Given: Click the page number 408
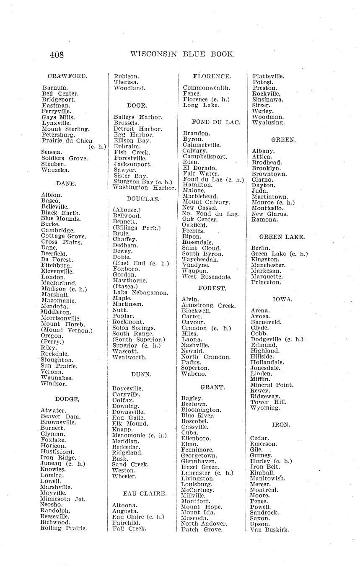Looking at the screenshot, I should (57, 54).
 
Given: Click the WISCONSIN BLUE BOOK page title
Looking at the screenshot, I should (182, 54).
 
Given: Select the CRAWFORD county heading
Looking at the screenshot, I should (67, 76).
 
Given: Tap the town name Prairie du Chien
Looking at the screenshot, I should (67, 141).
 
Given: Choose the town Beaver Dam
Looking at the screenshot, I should (60, 417).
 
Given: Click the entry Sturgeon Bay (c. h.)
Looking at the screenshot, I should (143, 182).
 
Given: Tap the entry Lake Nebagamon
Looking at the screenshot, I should (140, 292).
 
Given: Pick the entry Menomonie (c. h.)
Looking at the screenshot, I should (140, 435).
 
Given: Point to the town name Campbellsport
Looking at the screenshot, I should (205, 156).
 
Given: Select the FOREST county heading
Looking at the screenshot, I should (212, 288).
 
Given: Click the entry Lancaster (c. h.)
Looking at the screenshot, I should (207, 472).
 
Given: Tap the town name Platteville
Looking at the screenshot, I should (268, 76).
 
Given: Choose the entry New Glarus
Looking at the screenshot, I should (269, 214).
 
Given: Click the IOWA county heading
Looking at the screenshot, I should (282, 299).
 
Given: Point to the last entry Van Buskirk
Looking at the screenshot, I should (269, 530).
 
